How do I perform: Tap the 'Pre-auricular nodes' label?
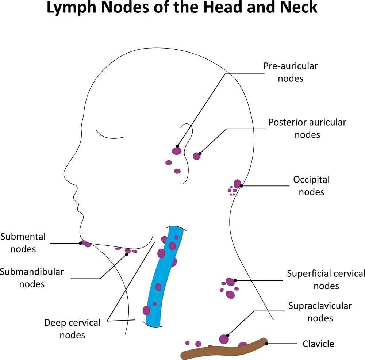291,72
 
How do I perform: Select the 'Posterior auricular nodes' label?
307,128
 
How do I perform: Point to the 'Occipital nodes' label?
311,185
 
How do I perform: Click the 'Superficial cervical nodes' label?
326,280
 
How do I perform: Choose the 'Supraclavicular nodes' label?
320,312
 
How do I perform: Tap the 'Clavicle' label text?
318,344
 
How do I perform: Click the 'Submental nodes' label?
23,243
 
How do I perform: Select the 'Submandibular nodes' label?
32,277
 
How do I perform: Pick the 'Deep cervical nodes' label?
72,329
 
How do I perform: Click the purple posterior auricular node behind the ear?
197,156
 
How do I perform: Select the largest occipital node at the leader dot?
237,184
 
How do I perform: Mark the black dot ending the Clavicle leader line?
267,344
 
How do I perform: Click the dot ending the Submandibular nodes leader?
127,254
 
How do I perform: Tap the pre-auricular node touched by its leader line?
177,151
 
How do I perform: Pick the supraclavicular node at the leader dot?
224,339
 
